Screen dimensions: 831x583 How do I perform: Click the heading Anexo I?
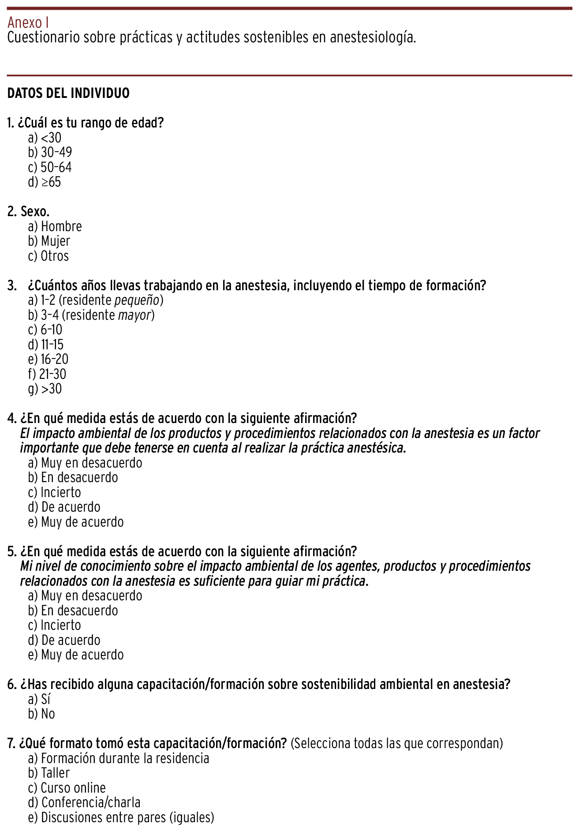(28, 22)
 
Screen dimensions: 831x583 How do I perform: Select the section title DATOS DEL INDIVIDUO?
(68, 93)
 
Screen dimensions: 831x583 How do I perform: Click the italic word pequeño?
(136, 300)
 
